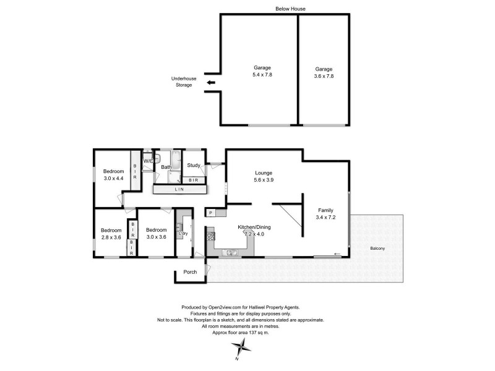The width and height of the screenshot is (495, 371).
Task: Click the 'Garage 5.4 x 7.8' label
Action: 262,70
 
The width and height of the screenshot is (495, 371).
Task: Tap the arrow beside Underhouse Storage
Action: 211,82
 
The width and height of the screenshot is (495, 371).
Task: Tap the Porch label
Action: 191,273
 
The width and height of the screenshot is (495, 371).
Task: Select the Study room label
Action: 194,165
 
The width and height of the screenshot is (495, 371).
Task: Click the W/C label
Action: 148,161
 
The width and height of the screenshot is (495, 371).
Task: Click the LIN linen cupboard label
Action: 179,189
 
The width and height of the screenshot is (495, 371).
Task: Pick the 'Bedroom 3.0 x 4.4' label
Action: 113,174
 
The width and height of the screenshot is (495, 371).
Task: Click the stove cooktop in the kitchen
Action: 210,234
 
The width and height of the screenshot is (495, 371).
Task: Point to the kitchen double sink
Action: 231,252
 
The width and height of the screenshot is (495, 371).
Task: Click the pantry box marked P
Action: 211,213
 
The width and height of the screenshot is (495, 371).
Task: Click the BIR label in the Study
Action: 194,180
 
